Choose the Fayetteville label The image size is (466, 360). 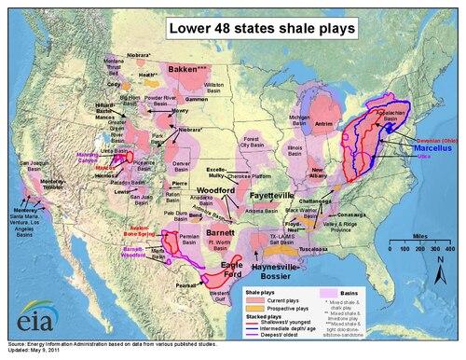272,197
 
